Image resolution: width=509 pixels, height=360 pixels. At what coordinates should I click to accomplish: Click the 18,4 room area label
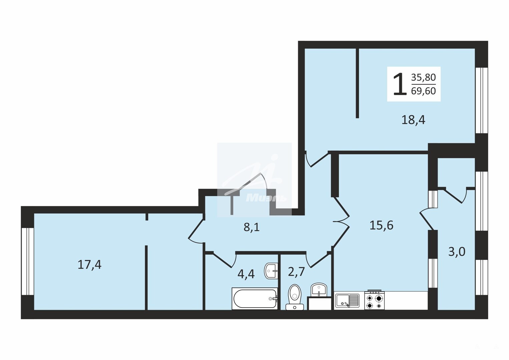(x=413, y=120)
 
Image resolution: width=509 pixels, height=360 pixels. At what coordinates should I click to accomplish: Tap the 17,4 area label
(x=89, y=265)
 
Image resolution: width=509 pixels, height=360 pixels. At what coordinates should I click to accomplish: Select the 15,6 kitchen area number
(x=382, y=226)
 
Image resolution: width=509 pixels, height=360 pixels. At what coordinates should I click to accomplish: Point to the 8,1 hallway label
(x=251, y=227)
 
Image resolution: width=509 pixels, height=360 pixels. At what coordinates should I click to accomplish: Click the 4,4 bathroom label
(x=246, y=274)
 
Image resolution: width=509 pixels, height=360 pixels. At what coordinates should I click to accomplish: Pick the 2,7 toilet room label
(x=296, y=272)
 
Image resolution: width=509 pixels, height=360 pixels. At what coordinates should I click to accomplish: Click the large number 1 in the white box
(x=400, y=84)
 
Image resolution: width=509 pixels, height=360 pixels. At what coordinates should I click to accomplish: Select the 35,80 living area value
(x=423, y=77)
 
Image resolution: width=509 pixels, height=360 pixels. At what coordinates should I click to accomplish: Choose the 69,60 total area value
(x=423, y=91)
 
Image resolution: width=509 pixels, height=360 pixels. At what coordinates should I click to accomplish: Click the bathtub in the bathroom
(x=255, y=299)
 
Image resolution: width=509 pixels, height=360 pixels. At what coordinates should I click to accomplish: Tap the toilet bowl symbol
(x=295, y=297)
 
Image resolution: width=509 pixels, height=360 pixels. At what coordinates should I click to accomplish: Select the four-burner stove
(x=375, y=300)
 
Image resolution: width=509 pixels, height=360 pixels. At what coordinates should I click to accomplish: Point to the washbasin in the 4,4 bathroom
(x=271, y=271)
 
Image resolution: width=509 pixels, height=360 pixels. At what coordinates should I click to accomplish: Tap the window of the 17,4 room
(x=27, y=261)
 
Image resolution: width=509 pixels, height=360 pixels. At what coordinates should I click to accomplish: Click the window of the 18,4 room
(x=482, y=100)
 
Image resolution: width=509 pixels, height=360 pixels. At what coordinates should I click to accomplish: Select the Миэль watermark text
(x=266, y=198)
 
